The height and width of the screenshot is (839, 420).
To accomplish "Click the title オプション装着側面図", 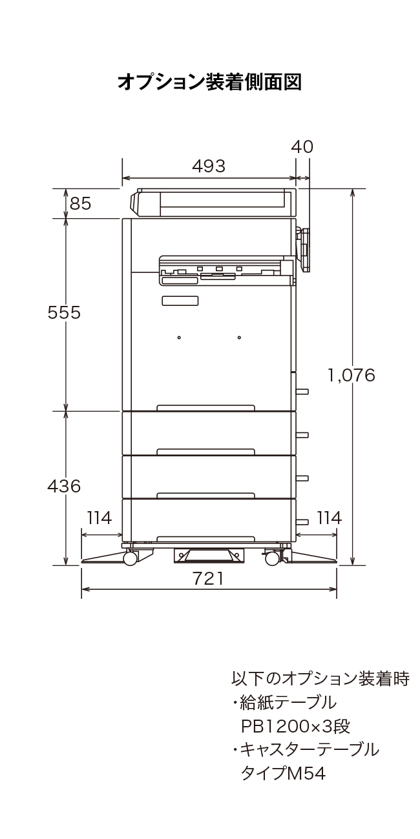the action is pos(209,82).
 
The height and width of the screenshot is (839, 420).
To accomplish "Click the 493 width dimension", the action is pos(209,166).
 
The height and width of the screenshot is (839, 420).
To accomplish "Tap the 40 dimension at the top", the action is pos(302,147).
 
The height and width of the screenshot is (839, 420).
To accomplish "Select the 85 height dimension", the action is pos(81,204).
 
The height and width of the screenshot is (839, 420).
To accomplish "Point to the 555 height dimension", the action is pos(64,312).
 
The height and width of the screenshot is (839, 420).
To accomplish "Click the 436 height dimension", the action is pos(64,486).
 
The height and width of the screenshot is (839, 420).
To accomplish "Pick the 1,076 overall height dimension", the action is pos(352,375).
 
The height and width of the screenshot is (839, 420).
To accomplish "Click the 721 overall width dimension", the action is pos(209,578).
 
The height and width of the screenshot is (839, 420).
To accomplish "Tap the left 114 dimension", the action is pos(100,518).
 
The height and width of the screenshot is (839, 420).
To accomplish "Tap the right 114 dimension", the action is pos(330,518).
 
